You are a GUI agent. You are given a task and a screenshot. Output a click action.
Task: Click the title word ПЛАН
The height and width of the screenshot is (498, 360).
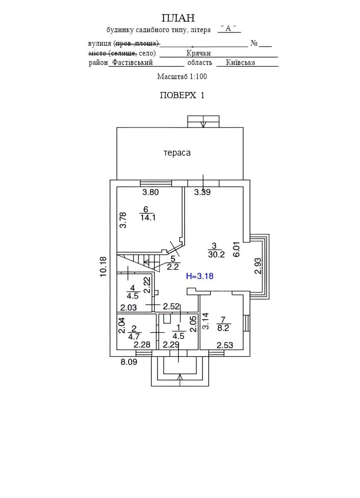click(x=178, y=18)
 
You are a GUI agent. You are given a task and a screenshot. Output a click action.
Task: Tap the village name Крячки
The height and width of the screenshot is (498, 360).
click(x=199, y=53)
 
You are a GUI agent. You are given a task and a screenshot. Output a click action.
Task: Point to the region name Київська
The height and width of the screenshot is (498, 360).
click(x=241, y=63)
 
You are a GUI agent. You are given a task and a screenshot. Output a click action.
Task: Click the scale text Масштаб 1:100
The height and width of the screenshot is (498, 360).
click(x=182, y=76)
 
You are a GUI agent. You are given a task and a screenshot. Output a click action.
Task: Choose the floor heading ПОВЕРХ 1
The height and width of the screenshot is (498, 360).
click(x=182, y=95)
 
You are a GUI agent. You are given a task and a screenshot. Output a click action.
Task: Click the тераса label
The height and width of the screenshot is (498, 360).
click(x=177, y=153)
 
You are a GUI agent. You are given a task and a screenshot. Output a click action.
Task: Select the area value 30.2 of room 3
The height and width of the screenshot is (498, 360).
click(x=216, y=255)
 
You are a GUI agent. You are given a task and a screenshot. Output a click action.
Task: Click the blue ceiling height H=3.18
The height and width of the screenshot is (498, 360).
click(x=200, y=276)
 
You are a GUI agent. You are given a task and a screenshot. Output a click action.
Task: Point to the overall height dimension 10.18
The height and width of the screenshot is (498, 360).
click(x=104, y=266)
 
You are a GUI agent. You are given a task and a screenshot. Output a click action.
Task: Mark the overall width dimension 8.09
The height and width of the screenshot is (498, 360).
click(x=129, y=362)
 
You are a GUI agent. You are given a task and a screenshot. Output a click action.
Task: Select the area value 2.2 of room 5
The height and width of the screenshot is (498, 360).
click(x=173, y=267)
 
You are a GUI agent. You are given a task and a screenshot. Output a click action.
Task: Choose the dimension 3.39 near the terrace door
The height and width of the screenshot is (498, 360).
click(x=202, y=192)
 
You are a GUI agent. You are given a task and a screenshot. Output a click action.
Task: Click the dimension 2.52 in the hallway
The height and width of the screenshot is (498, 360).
click(x=171, y=307)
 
